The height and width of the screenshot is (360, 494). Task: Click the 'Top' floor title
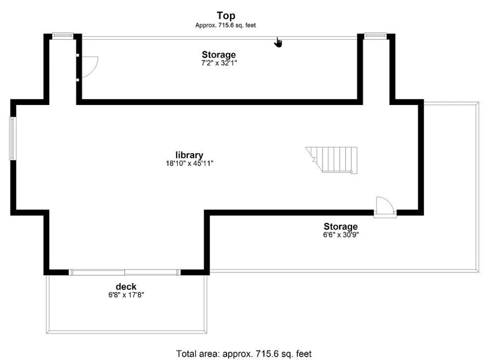point(226,15)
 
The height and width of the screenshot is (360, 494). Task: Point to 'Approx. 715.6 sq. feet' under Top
point(226,25)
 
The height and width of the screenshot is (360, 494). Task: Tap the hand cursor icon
point(277,42)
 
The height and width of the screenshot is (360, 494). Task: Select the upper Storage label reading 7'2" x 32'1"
point(219,54)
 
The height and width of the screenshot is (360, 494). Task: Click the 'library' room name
point(189,155)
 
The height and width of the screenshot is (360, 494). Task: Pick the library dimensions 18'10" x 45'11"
point(190,163)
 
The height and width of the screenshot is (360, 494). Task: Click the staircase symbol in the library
point(332,160)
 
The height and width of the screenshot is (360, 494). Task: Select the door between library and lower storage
point(385,207)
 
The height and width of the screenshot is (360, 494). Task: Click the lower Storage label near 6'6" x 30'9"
point(341,227)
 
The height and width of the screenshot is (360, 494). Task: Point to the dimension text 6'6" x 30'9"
point(341,235)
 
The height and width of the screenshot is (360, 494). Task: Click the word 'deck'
point(126,287)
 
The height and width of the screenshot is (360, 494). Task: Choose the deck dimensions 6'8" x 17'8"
point(126,295)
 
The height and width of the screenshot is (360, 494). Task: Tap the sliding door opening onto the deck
point(125,272)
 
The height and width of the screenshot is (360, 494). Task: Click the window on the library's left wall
point(12,138)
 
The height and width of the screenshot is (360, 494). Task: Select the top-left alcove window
point(63,35)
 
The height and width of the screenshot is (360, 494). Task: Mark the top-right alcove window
point(375,35)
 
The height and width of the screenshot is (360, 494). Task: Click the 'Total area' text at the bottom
point(244,354)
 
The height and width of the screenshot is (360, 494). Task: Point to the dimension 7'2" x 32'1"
point(219,63)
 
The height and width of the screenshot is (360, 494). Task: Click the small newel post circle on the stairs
point(351,172)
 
